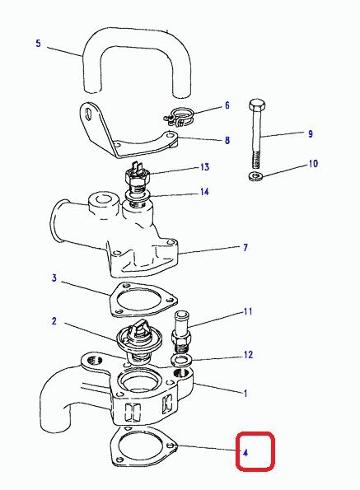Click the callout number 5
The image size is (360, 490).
point(38,43)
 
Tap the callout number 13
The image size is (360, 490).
point(204,167)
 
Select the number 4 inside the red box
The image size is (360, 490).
point(245,452)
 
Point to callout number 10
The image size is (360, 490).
point(313,164)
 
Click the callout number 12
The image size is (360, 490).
point(249,355)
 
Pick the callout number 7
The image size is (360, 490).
point(245,248)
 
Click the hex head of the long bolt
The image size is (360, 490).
point(258,105)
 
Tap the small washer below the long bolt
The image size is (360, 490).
point(255,175)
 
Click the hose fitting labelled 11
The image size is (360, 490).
point(181,331)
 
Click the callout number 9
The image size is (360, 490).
point(311,133)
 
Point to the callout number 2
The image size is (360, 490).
point(54,321)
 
